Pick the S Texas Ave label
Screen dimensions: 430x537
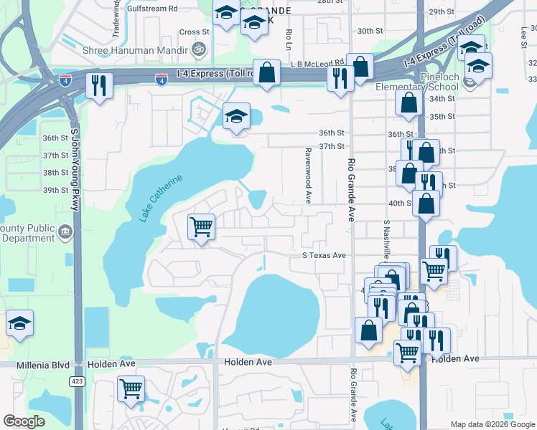(324, 255)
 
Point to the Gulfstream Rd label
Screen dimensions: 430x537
(151, 9)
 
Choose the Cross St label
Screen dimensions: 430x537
(194, 32)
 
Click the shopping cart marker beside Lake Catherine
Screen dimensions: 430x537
(202, 227)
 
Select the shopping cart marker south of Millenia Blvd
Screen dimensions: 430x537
(131, 388)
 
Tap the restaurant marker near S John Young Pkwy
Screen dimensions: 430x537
(98, 85)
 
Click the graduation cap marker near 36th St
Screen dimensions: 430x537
(235, 117)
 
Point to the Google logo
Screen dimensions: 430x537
(24, 421)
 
